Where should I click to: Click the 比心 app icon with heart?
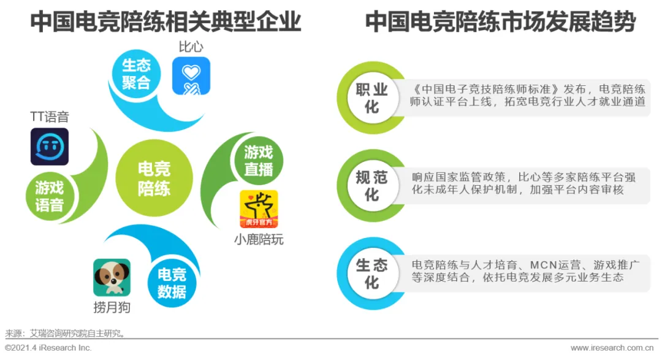coord(191,76)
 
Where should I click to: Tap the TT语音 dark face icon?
coord(50,147)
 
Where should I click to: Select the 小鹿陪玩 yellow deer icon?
coord(258,209)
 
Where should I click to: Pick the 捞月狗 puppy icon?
coord(112,277)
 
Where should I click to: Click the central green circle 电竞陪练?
coord(154,178)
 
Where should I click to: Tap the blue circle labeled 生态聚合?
coord(135,74)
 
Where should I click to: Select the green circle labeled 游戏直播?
coord(258,160)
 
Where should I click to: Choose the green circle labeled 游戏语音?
coord(49,196)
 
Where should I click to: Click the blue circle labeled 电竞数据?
coord(172,283)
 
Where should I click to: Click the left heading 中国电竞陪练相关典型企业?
coord(165,23)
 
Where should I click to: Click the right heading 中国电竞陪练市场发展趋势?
coord(500,23)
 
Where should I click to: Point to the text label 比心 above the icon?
coord(191,47)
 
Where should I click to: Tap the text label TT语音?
coord(50,117)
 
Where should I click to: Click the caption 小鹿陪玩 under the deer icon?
coord(259,239)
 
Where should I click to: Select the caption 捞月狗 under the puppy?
coord(112,307)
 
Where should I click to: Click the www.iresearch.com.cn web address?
coord(614,348)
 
